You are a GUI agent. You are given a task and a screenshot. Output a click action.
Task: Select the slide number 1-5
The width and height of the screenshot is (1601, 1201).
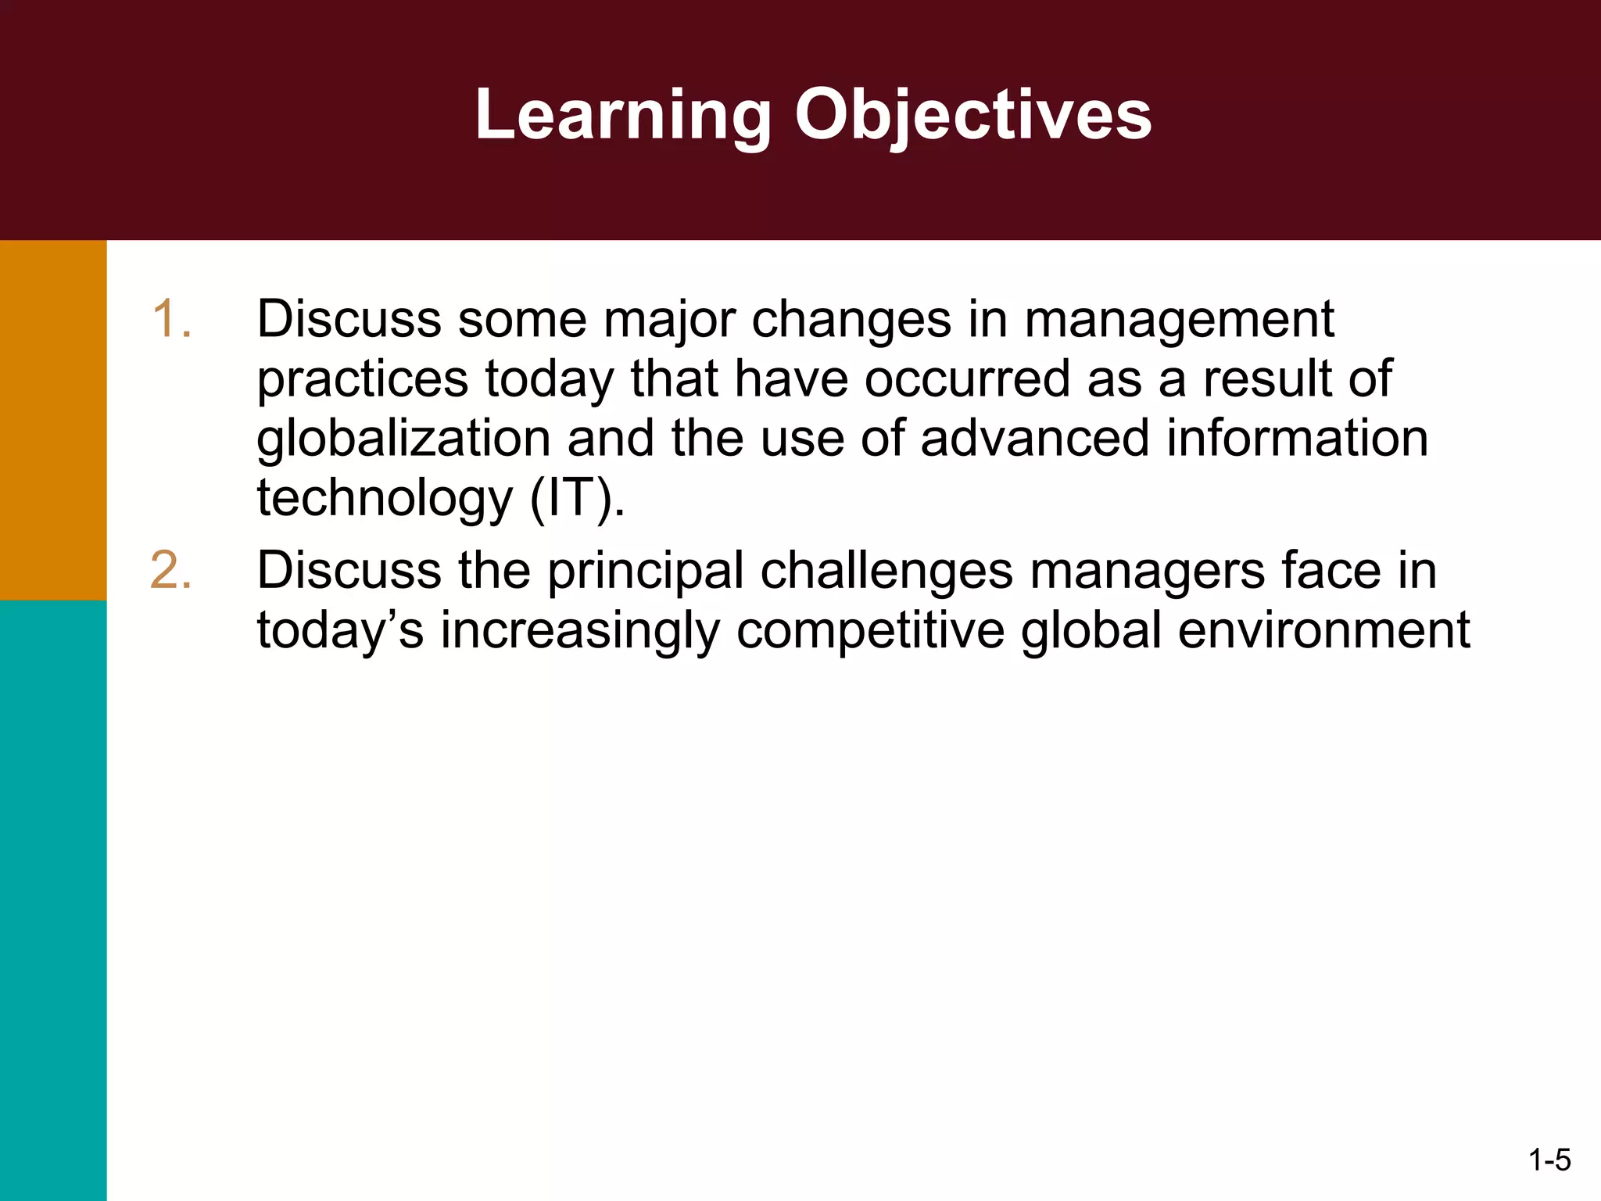[1549, 1160]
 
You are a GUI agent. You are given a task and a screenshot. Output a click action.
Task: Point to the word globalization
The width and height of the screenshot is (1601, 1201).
[403, 439]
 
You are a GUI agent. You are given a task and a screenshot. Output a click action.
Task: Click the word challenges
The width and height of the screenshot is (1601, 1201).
[886, 572]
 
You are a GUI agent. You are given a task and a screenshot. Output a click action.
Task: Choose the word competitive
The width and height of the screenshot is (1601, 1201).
[870, 630]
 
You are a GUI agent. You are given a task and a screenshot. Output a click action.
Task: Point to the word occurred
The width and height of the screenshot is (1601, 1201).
[968, 379]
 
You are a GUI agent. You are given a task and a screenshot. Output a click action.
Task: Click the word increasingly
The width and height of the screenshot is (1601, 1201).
[579, 632]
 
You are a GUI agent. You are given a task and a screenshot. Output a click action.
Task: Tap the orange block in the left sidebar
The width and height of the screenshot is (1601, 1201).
[53, 420]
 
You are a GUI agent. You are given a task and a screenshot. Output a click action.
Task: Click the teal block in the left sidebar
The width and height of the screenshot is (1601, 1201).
[53, 899]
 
